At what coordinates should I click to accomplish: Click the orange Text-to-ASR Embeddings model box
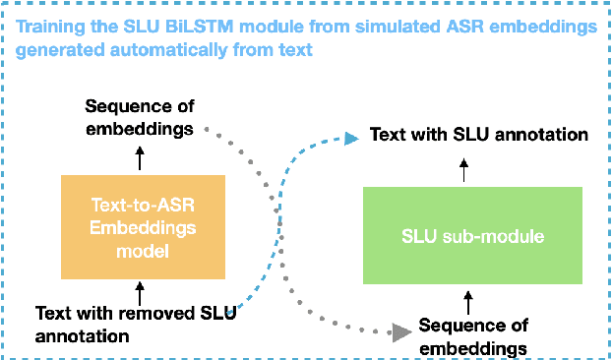(145, 227)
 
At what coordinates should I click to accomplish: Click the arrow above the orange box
(140, 157)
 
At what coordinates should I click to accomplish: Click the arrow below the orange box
(140, 292)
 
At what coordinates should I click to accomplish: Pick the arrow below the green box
(468, 298)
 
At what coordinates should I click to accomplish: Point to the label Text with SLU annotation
(479, 134)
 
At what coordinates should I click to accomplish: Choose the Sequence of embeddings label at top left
(139, 116)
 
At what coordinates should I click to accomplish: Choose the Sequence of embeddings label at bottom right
(473, 335)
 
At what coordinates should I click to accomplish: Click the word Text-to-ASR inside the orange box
(144, 208)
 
